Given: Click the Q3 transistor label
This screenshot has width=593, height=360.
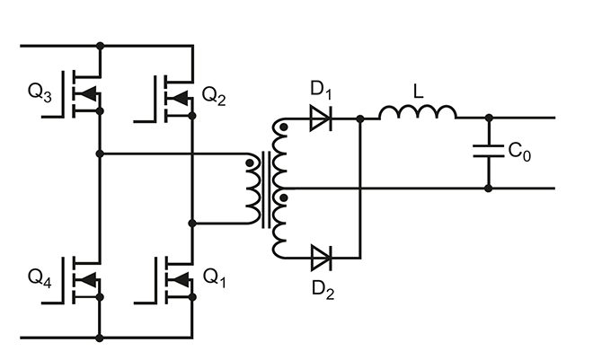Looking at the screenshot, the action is tap(40, 92).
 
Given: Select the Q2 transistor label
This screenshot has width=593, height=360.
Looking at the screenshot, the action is tap(214, 96).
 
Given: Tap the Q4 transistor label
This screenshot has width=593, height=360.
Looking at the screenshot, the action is tap(40, 278).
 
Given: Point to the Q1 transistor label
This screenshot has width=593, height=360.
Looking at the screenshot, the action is tap(215, 278).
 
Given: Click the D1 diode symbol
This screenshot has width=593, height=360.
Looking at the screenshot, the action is tap(321, 119).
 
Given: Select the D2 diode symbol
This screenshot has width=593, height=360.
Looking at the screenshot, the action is tap(322, 258).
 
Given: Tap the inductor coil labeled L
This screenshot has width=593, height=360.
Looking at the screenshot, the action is tap(418, 112).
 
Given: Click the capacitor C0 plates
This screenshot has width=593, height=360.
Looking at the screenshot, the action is tap(489, 150).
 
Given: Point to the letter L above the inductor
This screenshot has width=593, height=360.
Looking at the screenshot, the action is tap(418, 92).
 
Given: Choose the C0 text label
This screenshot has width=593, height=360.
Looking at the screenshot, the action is tap(519, 152).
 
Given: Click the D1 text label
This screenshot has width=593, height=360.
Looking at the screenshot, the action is tap(321, 90).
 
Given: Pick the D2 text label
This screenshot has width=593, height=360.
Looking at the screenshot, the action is tap(323, 290).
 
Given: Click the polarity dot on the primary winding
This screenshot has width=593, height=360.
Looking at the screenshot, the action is tap(250, 162).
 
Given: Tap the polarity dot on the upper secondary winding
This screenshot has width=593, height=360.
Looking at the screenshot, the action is tap(283, 127).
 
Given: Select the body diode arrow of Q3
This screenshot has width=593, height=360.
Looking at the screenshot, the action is tap(88, 94).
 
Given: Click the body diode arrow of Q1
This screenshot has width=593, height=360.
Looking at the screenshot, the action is tap(181, 279).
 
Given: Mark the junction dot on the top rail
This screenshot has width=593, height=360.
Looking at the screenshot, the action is tap(100, 46).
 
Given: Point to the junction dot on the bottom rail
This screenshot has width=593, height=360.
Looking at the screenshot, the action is tap(100, 338).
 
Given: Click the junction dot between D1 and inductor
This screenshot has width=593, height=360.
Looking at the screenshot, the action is tap(360, 119).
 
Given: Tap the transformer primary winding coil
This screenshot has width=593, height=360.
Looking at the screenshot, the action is tap(253, 189).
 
